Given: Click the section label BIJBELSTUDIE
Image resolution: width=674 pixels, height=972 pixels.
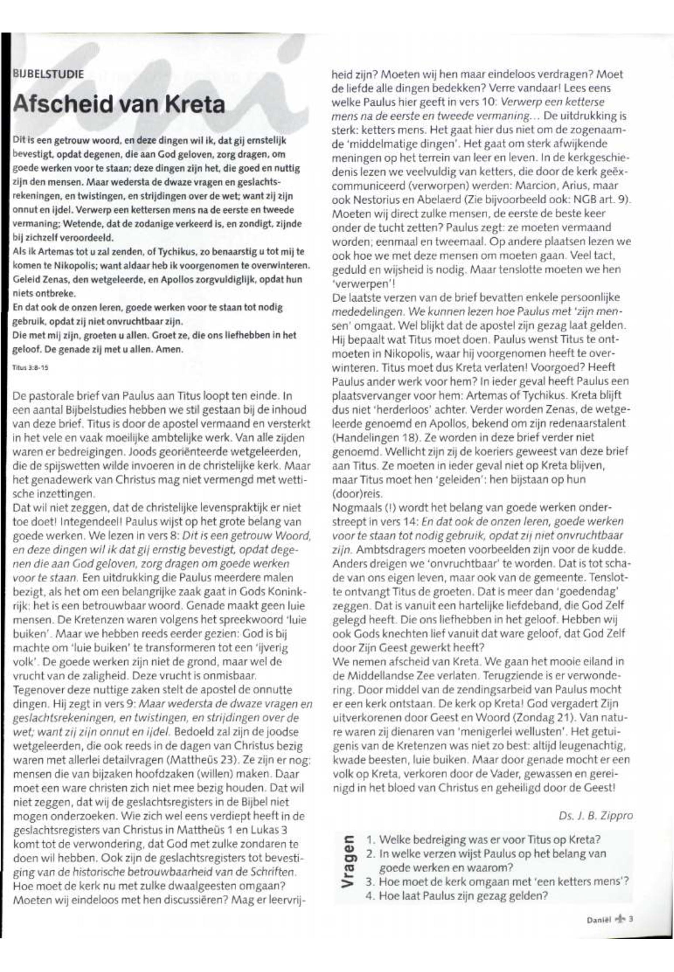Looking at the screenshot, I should pos(49,74).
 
